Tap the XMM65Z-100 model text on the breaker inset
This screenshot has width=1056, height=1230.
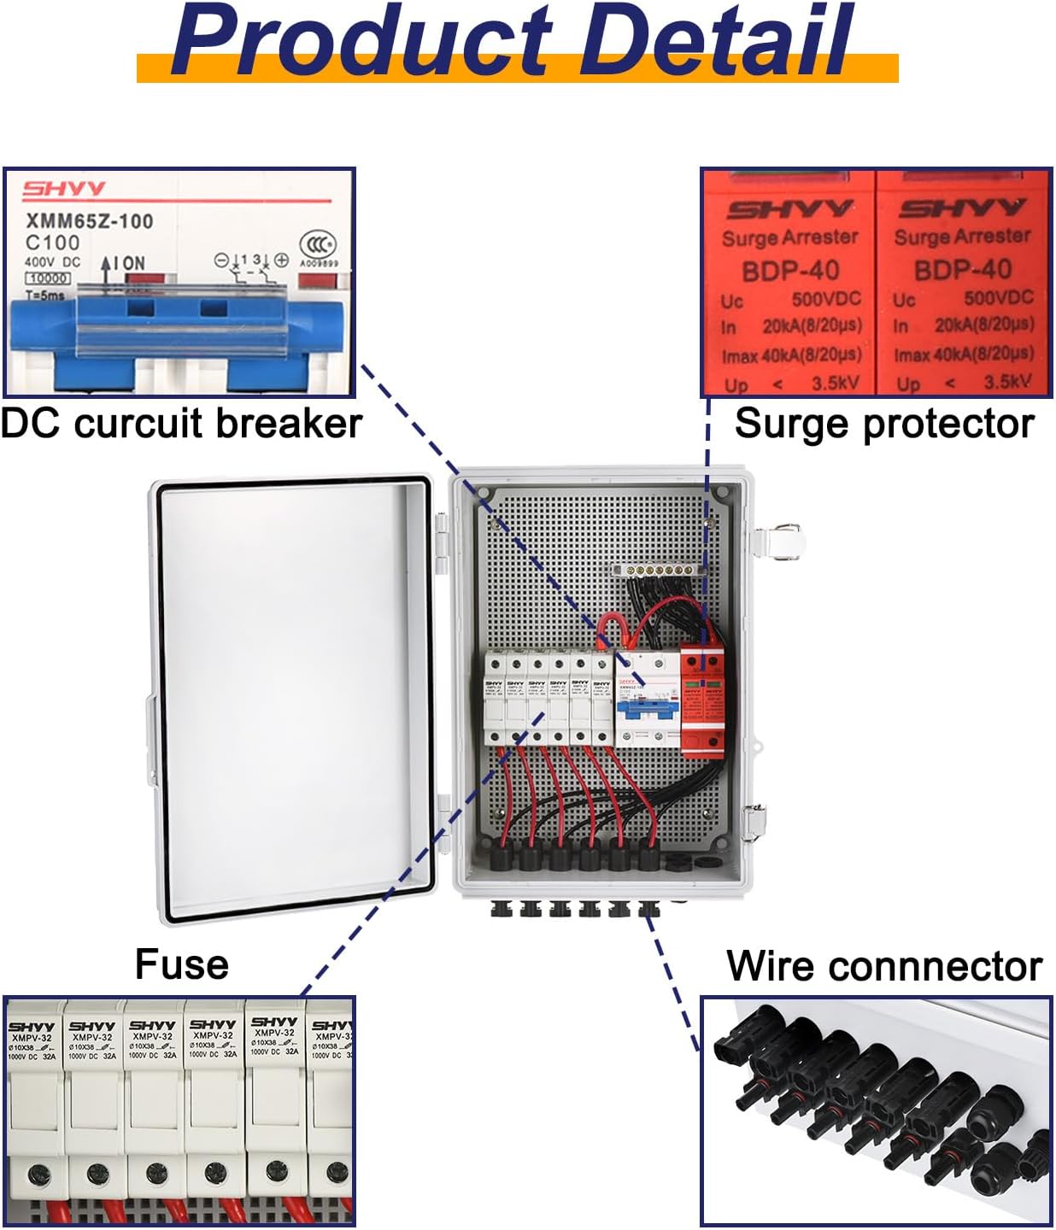pos(90,221)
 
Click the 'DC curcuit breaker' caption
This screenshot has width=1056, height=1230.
pos(181,424)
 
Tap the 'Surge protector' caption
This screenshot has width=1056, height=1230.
pos(883,424)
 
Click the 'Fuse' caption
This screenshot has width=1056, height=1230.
pos(182,964)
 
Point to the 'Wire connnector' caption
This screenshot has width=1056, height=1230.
pos(883,966)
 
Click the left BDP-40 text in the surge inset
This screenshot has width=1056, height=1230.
pos(790,272)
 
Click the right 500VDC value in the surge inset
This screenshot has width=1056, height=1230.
pos(999,298)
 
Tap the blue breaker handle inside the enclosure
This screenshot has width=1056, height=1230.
pos(647,708)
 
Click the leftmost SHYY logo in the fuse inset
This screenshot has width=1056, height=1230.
pos(32,1027)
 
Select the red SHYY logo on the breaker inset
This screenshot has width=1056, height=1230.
pos(64,189)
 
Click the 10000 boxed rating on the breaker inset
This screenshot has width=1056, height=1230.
pos(48,278)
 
